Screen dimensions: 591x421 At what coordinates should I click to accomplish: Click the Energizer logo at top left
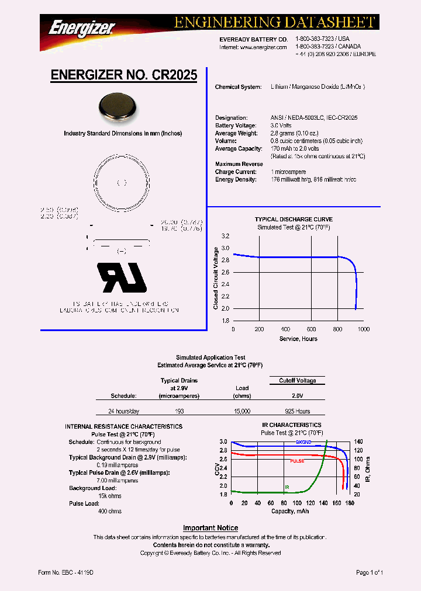[82, 26]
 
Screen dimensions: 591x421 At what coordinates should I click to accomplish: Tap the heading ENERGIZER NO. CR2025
[124, 75]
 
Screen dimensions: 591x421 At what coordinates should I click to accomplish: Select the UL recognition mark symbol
[122, 276]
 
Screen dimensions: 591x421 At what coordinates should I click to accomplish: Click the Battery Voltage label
[236, 126]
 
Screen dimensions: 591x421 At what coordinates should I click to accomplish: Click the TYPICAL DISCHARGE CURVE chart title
[294, 220]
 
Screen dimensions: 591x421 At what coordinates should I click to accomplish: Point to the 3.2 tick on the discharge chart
[225, 237]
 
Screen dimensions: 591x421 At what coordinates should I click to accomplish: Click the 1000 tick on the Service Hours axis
[363, 329]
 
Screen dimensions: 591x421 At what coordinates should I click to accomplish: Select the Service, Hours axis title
[298, 339]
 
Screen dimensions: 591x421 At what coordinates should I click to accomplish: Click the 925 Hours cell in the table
[298, 411]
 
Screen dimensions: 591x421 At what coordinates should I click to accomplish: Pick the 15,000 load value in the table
[241, 411]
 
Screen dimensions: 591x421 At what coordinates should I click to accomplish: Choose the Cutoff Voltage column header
[297, 380]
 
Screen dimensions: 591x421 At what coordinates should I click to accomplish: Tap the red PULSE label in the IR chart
[298, 461]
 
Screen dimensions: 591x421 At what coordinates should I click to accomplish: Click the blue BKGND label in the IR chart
[303, 442]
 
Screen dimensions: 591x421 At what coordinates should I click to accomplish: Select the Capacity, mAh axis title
[290, 511]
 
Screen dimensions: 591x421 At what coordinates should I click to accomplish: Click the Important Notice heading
[210, 528]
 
